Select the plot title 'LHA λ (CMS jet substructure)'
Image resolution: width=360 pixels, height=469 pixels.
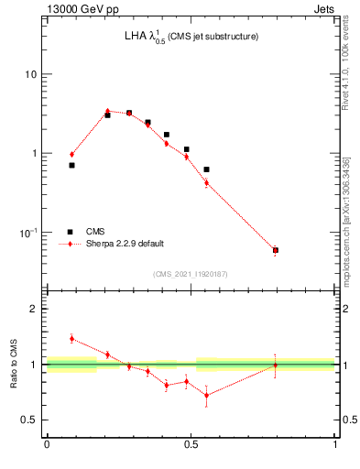click(x=191, y=37)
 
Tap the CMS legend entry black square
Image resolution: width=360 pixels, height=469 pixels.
click(x=70, y=232)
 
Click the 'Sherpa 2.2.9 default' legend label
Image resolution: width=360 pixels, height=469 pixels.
click(x=125, y=244)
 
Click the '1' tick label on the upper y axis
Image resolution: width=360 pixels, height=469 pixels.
click(x=34, y=153)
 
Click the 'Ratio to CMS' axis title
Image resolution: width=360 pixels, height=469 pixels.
click(x=15, y=364)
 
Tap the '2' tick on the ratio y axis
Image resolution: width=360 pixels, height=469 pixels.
click(x=34, y=309)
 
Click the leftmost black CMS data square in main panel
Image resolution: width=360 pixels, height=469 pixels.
click(x=71, y=165)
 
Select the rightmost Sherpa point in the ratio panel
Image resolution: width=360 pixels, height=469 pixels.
click(x=275, y=365)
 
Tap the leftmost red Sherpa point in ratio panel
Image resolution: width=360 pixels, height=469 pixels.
click(x=71, y=338)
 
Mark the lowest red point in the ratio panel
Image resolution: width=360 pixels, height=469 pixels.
click(x=206, y=396)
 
